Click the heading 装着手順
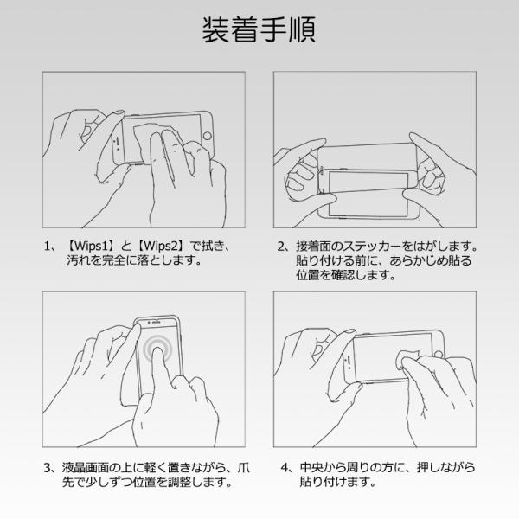[x=259, y=29]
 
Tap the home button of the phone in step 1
[x=208, y=136]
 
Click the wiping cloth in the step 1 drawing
[x=156, y=139]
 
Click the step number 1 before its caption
[x=47, y=247]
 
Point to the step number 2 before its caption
[x=281, y=247]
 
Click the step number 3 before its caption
[x=48, y=467]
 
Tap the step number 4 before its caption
[x=285, y=467]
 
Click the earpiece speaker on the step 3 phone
[x=156, y=322]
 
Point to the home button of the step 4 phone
[x=439, y=355]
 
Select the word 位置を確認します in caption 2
[x=345, y=275]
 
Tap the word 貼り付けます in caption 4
[x=337, y=482]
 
